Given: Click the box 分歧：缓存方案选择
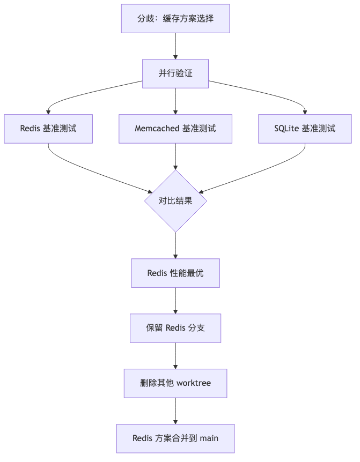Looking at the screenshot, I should pos(175,19).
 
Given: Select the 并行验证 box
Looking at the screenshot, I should pos(175,73).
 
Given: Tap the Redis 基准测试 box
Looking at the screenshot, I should pos(48,129).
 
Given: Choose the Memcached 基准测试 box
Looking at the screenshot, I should pos(175,129).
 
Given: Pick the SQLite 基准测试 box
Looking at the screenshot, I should pos(305,129).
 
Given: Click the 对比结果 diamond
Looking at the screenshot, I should pos(175,201).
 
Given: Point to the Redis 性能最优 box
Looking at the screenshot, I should pos(175,273).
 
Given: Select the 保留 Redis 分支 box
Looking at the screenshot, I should pos(175,328).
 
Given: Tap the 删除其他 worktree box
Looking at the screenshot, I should pos(175,383).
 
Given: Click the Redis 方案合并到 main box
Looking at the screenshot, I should pos(175,438).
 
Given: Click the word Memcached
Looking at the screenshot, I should pos(157,129).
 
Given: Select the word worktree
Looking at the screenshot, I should pos(194,383).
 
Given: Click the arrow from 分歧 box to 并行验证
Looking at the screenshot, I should pos(175,46).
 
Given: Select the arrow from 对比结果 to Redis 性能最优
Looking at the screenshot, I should pos(175,245).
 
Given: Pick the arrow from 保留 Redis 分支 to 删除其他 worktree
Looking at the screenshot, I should pos(175,355).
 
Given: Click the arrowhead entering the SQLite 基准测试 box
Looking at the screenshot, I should pos(305,112).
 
